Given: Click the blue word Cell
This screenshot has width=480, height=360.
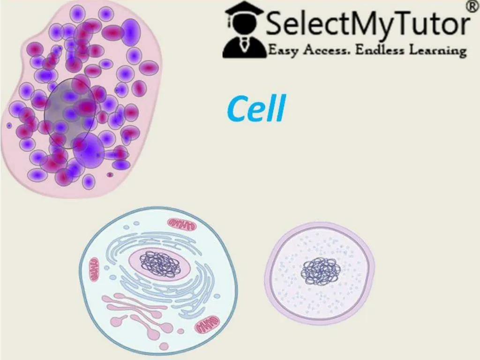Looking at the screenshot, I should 256,109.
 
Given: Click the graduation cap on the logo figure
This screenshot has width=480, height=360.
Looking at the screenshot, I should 244,10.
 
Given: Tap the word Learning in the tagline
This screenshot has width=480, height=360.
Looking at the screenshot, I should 437,51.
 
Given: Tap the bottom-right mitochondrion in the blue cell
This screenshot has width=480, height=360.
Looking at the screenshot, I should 207,322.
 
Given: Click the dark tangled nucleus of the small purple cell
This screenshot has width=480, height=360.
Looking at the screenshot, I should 321,271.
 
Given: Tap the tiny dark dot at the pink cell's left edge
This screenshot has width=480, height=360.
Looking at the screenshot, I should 9,125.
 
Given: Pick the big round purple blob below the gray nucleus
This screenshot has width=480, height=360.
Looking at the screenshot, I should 89,149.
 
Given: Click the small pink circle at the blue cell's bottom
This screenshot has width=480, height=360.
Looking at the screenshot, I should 164,346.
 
